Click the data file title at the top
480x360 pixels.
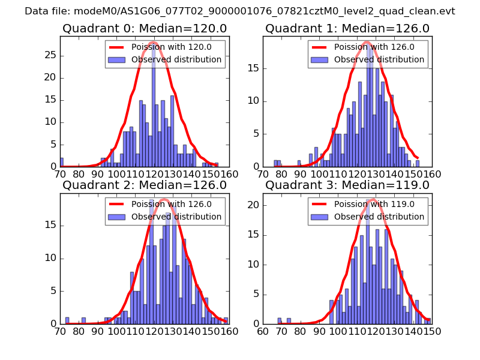click(240, 11)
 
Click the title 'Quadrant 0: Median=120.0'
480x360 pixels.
click(145, 28)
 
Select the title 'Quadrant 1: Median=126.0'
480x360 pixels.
click(347, 28)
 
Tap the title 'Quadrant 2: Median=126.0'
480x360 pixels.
click(145, 185)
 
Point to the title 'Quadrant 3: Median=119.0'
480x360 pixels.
click(347, 185)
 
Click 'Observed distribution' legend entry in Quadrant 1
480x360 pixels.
click(379, 59)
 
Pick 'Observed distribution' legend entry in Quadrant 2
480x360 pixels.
click(176, 217)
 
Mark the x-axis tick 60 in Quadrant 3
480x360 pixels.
click(263, 331)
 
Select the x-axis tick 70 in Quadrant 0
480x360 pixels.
click(60, 174)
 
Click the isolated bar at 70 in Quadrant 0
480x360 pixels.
click(61, 162)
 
